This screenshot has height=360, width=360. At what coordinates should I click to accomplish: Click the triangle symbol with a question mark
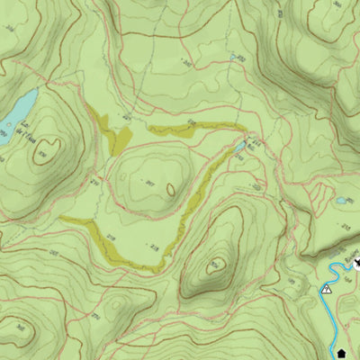[x=327, y=289]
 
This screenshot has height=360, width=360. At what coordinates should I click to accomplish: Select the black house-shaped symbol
[x=341, y=351]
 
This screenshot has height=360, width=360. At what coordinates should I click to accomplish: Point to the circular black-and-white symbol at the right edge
[x=356, y=262]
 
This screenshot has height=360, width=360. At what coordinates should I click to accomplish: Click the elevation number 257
[x=151, y=184]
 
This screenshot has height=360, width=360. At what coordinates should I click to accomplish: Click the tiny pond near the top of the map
[x=234, y=57]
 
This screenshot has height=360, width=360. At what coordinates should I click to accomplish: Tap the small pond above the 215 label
[x=342, y=201]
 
